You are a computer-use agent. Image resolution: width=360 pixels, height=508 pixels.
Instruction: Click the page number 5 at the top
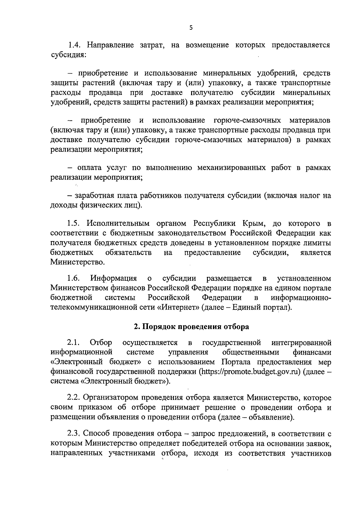(191, 28)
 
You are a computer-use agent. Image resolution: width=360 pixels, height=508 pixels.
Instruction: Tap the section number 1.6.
(74, 278)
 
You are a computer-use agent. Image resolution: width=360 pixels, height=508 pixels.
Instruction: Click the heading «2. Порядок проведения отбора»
(191, 327)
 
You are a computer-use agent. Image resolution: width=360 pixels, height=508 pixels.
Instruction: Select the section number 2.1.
(74, 343)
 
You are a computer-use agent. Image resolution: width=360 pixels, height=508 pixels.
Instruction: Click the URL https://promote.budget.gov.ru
(250, 372)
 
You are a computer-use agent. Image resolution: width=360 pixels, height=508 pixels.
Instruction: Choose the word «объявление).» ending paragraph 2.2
(273, 417)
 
